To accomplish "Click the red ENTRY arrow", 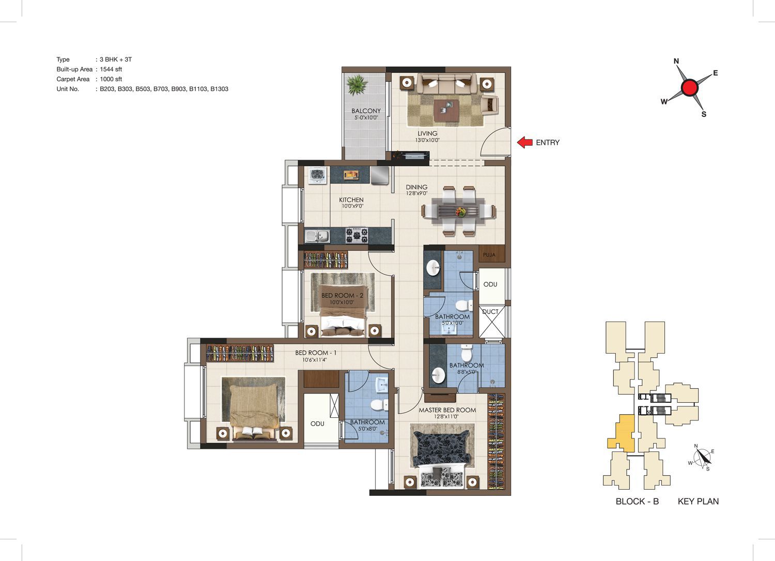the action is click(x=525, y=142).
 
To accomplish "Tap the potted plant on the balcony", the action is click(x=357, y=85).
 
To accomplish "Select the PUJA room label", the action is click(x=489, y=255).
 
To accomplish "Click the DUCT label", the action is click(x=490, y=312).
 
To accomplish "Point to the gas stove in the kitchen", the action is click(x=357, y=235).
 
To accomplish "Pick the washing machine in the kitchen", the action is click(x=317, y=177).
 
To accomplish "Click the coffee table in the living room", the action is click(x=447, y=111).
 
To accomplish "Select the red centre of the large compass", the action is click(x=690, y=87).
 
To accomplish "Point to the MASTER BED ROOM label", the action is click(x=447, y=410).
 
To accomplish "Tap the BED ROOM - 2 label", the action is click(x=342, y=295).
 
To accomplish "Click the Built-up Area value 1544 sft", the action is click(x=111, y=69).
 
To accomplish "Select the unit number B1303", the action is click(x=220, y=89).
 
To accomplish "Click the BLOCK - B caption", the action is click(x=637, y=502).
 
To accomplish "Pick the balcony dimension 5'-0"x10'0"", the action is click(x=366, y=117).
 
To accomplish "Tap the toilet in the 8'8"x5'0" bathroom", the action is click(x=467, y=353).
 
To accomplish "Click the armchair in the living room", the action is click(x=490, y=104).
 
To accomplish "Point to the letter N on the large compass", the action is click(x=676, y=62).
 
